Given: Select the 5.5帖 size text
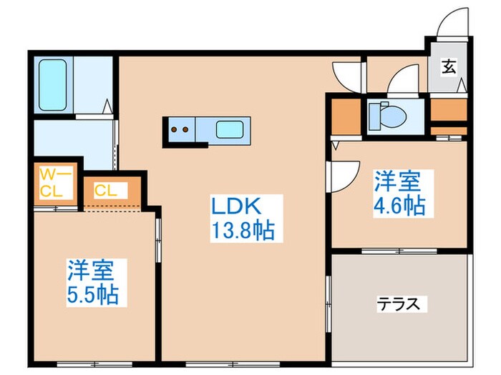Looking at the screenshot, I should pos(94,293).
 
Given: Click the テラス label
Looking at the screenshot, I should pos(398,304).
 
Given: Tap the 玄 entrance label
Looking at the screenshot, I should pos(449,67).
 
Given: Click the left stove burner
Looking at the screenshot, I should pos(174,131).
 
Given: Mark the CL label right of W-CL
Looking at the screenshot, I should pos(106,191).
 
